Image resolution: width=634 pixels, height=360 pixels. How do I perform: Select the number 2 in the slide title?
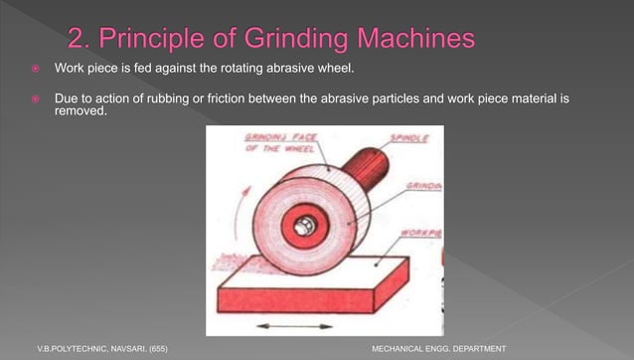pyautogui.click(x=79, y=40)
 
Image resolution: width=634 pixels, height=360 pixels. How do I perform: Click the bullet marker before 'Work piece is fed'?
pyautogui.click(x=34, y=68)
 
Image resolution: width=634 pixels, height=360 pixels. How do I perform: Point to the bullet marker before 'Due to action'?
pyautogui.click(x=34, y=99)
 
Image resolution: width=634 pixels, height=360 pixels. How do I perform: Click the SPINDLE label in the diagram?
pyautogui.click(x=408, y=139)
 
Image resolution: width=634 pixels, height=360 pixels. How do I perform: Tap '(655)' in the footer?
pyautogui.click(x=157, y=349)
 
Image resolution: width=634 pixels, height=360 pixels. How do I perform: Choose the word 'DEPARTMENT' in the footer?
pyautogui.click(x=478, y=349)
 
